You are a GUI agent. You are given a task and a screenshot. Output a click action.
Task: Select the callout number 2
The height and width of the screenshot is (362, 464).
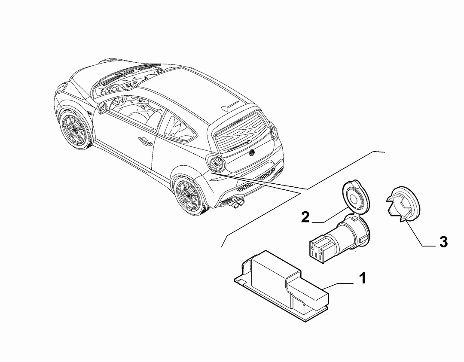pyautogui.click(x=305, y=217)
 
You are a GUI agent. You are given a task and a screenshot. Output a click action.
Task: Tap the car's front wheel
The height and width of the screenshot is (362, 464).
pyautogui.click(x=73, y=130)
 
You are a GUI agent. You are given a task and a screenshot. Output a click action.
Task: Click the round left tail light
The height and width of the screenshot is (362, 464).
pyautogui.click(x=216, y=164)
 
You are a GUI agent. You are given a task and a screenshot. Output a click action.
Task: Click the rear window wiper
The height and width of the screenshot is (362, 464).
pyautogui.click(x=239, y=144)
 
